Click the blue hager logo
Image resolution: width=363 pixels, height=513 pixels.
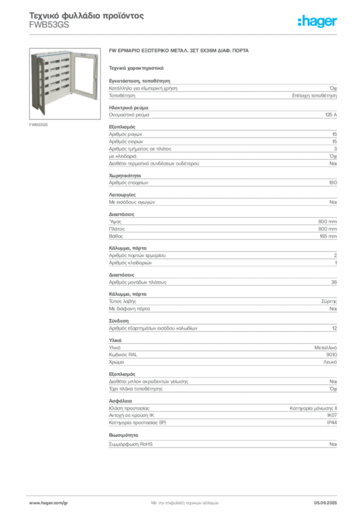click(318, 22)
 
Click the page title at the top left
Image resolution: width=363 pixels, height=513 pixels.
click(85, 17)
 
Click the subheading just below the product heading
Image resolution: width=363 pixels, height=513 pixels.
click(136, 67)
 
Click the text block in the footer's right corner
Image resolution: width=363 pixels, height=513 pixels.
click(328, 500)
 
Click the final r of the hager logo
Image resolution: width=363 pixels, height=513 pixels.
click(336, 23)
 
